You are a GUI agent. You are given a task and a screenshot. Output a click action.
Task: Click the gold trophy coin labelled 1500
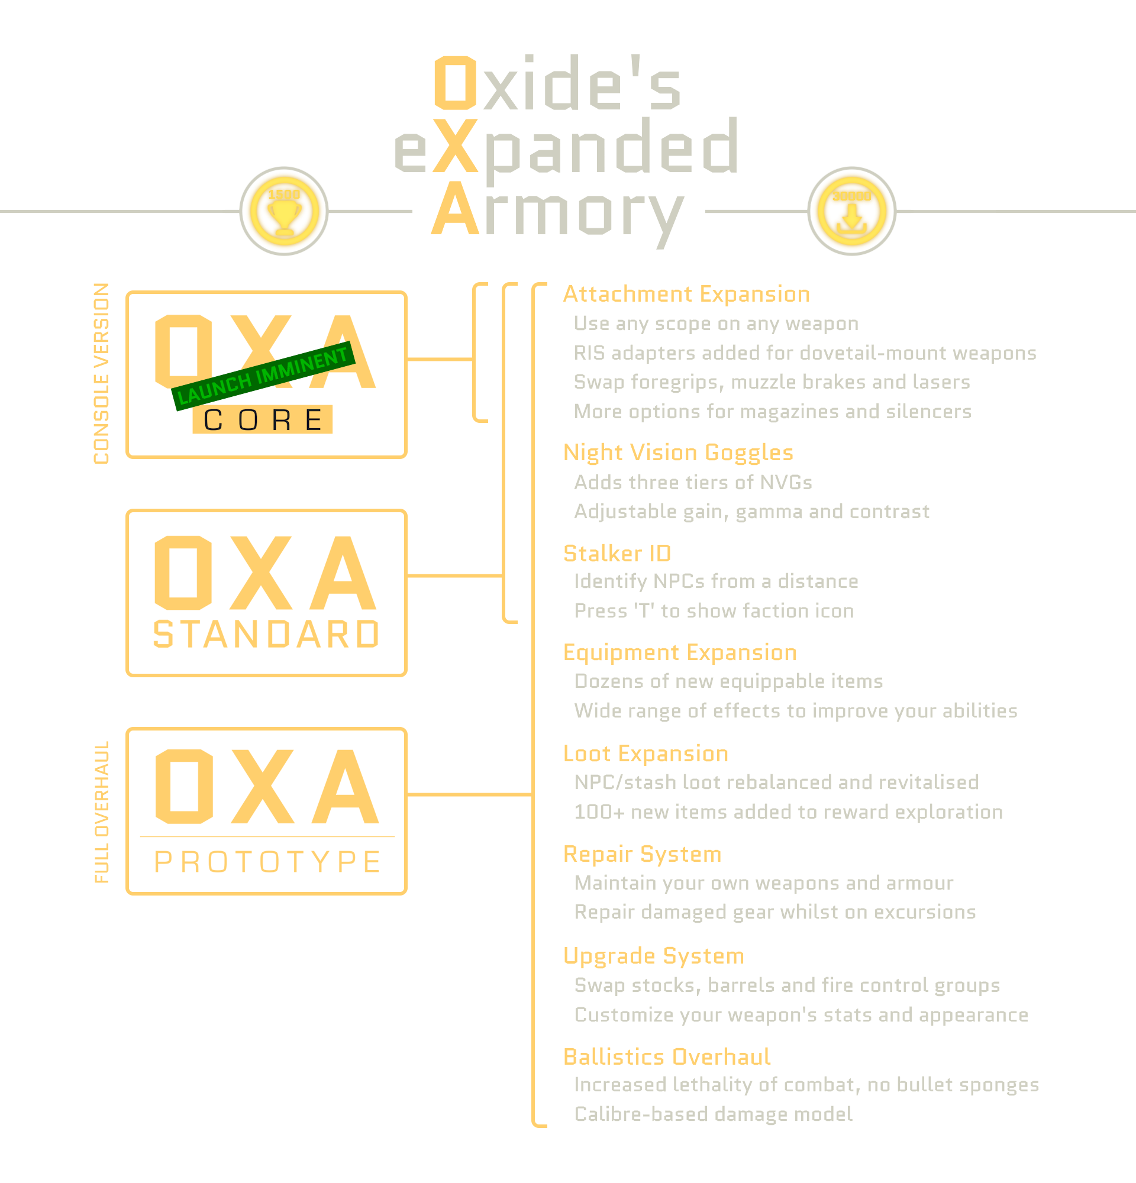tap(283, 211)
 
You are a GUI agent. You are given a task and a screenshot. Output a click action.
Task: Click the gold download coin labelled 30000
tap(851, 211)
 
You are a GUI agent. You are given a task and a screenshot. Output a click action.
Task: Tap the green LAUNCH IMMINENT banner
tap(263, 377)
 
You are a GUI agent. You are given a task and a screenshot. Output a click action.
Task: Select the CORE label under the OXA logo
tap(263, 419)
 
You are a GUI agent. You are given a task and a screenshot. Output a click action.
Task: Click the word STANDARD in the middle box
tap(266, 634)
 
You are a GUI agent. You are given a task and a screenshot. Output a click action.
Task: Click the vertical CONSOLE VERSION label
tap(101, 374)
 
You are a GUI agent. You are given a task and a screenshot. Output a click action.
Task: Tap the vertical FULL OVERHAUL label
tap(101, 812)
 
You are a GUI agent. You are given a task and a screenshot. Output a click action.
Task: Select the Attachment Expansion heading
tap(686, 294)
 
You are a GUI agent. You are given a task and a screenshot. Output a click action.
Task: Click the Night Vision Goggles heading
tap(678, 452)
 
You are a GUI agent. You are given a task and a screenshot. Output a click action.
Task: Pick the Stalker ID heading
tap(617, 554)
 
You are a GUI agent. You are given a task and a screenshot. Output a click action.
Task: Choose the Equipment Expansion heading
tap(680, 652)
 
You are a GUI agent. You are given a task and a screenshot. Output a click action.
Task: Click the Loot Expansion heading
tap(646, 753)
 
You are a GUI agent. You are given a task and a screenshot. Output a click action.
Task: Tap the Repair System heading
tap(642, 854)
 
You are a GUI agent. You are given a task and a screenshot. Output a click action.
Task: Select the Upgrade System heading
tap(654, 956)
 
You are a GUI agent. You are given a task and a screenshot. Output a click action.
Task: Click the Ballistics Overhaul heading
tap(667, 1057)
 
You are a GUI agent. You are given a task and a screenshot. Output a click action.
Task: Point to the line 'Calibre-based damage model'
tap(714, 1114)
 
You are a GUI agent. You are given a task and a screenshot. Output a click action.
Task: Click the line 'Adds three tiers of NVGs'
tap(693, 482)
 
